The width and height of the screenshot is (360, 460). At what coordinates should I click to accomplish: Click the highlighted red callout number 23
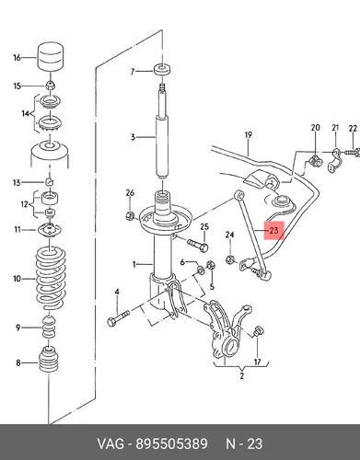(273, 230)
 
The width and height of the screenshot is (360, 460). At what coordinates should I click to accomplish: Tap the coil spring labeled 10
(51, 278)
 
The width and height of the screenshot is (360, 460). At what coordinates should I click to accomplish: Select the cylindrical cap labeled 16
(51, 57)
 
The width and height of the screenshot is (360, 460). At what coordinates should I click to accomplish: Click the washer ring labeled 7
(162, 70)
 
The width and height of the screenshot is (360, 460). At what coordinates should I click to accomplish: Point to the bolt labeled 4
(119, 318)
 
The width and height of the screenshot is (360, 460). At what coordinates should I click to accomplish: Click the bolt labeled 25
(197, 245)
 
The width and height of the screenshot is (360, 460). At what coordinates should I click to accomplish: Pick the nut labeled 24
(229, 260)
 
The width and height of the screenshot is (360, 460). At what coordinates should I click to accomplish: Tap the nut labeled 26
(130, 216)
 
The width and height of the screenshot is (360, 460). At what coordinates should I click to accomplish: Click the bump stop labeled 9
(49, 327)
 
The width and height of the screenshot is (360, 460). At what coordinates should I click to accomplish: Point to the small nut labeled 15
(50, 86)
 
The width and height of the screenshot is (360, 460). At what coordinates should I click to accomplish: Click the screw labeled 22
(352, 152)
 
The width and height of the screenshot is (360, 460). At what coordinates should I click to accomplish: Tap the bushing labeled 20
(315, 161)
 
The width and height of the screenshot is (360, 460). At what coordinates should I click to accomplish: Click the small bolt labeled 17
(258, 331)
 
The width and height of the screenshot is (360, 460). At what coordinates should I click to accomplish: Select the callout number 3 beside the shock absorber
(133, 137)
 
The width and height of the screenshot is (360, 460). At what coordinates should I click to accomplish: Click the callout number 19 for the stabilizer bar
(249, 134)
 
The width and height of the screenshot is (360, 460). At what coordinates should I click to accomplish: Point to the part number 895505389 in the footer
(171, 443)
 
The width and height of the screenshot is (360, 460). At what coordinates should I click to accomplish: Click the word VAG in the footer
(111, 443)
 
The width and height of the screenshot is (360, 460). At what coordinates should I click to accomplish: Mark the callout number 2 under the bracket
(242, 375)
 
